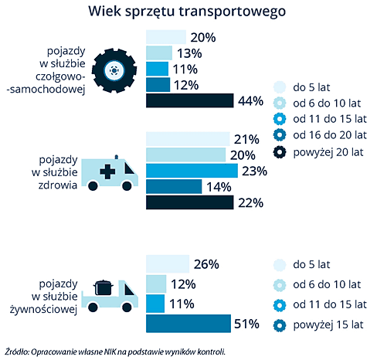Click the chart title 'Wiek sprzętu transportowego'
(188, 12)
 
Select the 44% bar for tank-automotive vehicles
(189, 100)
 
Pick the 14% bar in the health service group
(174, 187)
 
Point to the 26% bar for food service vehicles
(168, 264)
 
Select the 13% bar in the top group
(159, 53)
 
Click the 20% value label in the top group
(202, 37)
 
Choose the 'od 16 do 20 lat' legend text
(331, 135)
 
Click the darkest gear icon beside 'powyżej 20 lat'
(279, 151)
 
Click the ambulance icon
(109, 172)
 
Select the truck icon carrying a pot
(112, 295)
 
